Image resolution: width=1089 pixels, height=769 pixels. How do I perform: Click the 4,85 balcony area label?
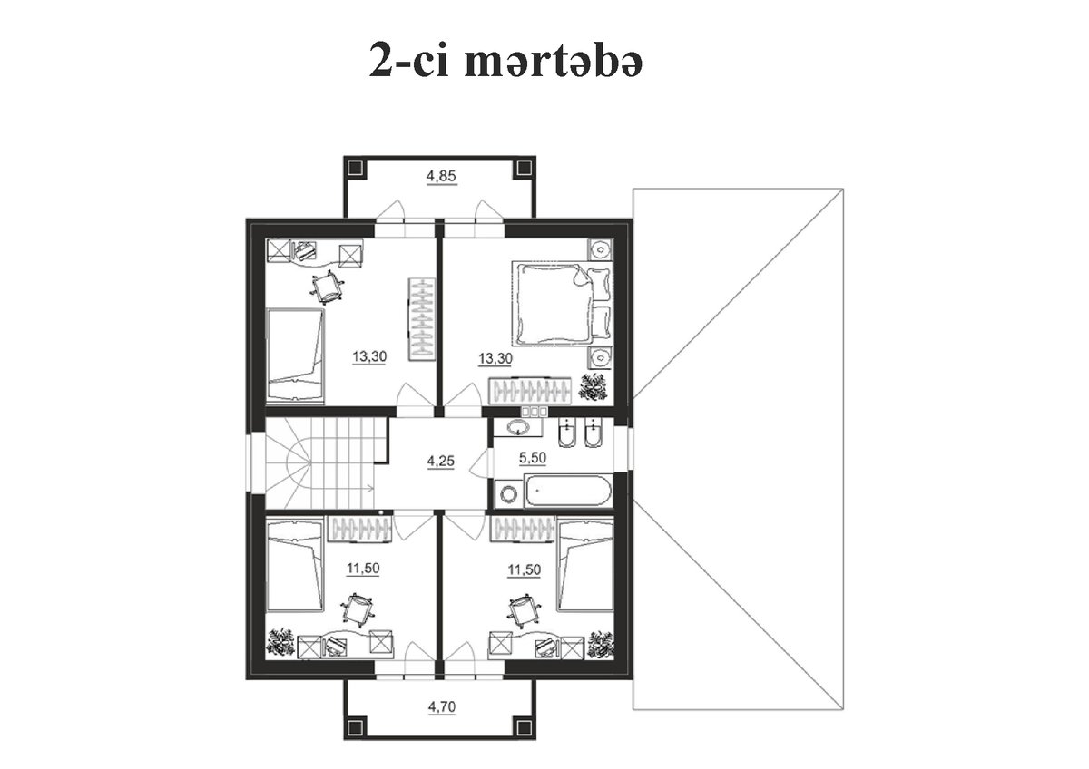pyautogui.click(x=441, y=176)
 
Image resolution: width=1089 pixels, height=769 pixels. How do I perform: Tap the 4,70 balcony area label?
pyautogui.click(x=442, y=706)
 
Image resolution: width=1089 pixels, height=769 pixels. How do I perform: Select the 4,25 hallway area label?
pyautogui.click(x=440, y=461)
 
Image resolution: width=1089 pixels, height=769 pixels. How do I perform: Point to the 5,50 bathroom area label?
pyautogui.click(x=533, y=458)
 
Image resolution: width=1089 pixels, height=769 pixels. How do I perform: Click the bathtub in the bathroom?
pyautogui.click(x=567, y=492)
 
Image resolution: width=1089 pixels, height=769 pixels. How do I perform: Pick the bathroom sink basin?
pyautogui.click(x=518, y=428)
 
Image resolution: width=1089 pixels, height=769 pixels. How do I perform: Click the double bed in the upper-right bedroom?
pyautogui.click(x=562, y=305)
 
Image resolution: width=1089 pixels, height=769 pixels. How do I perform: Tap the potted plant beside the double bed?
pyautogui.click(x=593, y=387)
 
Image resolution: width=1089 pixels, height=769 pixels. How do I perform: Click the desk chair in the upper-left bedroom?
pyautogui.click(x=328, y=287)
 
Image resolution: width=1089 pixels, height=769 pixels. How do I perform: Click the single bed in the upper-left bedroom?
pyautogui.click(x=296, y=356)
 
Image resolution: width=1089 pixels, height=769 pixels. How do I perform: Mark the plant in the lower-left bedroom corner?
pyautogui.click(x=281, y=644)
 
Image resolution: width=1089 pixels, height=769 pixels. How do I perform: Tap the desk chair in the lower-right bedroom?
pyautogui.click(x=523, y=610)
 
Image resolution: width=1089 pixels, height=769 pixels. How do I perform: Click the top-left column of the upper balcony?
pyautogui.click(x=356, y=168)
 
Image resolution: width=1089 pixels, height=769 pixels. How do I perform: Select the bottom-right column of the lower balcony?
pyautogui.click(x=525, y=727)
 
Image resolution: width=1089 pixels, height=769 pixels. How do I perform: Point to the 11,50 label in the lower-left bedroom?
pyautogui.click(x=363, y=568)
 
